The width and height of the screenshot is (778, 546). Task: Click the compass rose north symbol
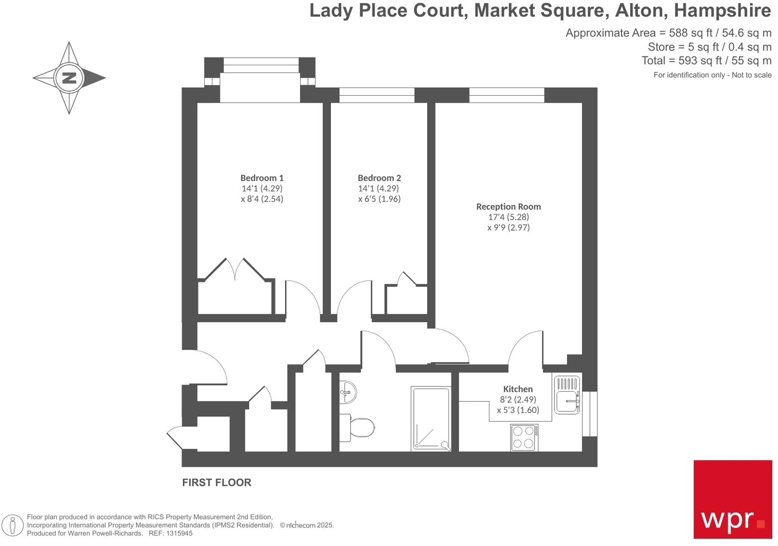[69, 78]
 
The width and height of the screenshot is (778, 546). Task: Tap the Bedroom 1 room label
[262, 178]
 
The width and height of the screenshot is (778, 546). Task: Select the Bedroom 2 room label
[379, 178]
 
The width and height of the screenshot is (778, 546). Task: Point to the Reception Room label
[508, 206]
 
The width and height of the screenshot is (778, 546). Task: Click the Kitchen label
[518, 389]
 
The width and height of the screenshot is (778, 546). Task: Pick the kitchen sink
[567, 395]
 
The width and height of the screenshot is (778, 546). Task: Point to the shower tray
[431, 418]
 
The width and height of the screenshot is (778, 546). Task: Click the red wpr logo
[733, 499]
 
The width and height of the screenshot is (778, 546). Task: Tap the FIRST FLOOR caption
[217, 482]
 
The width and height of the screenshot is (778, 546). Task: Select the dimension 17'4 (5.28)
[508, 217]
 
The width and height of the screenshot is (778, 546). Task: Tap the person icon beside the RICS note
[12, 525]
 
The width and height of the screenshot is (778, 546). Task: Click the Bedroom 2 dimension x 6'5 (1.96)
[379, 199]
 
